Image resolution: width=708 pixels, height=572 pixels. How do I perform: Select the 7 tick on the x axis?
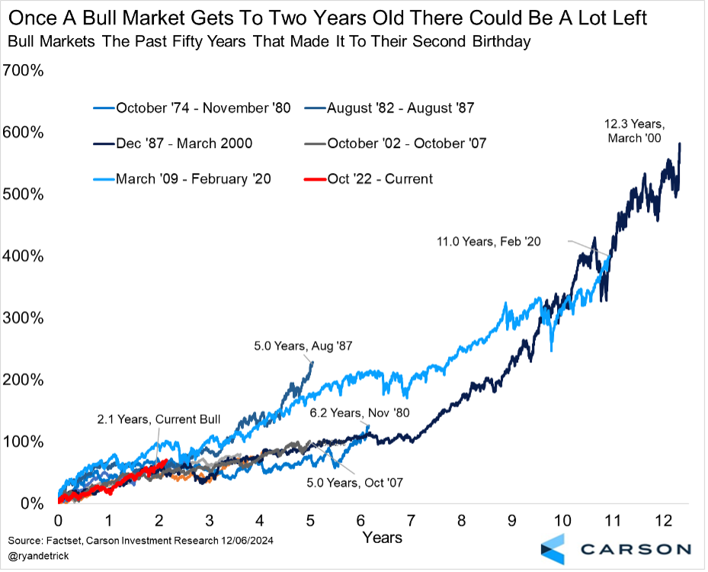411,521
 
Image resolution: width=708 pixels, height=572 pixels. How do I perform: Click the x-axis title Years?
382,537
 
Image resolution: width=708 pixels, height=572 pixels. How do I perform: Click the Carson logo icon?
554,548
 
